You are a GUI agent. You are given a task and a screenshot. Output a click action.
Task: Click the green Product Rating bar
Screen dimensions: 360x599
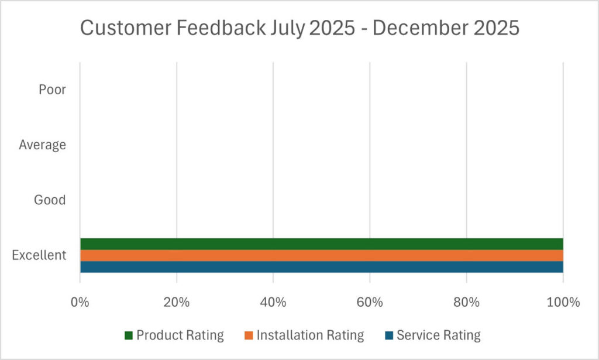coord(321,244)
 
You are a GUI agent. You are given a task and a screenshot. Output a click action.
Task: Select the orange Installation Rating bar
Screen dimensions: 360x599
coord(321,255)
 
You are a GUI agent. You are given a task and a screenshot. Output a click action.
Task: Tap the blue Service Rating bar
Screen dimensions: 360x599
coord(321,267)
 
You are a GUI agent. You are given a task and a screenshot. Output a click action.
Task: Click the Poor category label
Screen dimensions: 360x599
coord(52,90)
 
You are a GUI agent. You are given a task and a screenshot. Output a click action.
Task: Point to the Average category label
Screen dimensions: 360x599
coord(42,145)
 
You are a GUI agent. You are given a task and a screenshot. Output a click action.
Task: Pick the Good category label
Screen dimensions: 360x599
coord(50,200)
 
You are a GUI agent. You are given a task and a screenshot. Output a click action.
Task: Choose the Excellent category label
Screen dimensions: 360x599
coord(39,255)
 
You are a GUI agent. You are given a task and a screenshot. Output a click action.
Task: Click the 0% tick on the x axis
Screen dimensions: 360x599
coord(80,303)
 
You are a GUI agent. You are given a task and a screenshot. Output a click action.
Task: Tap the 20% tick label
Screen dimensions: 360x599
coord(176,303)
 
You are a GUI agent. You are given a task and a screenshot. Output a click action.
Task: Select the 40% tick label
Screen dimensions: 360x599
coord(273,303)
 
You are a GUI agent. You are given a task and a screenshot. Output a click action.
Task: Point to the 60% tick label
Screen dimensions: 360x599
coord(369,303)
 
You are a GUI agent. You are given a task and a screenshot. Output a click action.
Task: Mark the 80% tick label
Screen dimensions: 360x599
coord(466,303)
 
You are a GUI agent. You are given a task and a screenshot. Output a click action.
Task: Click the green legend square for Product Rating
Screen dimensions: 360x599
coord(129,336)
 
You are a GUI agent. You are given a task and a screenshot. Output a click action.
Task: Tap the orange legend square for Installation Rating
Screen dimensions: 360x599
coord(249,336)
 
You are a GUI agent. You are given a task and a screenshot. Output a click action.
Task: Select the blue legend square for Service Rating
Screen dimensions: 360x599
coord(389,336)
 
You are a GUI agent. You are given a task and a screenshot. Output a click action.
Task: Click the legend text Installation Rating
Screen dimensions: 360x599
coord(310,335)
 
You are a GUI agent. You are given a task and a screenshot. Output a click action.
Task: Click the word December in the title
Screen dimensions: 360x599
coord(418,28)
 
